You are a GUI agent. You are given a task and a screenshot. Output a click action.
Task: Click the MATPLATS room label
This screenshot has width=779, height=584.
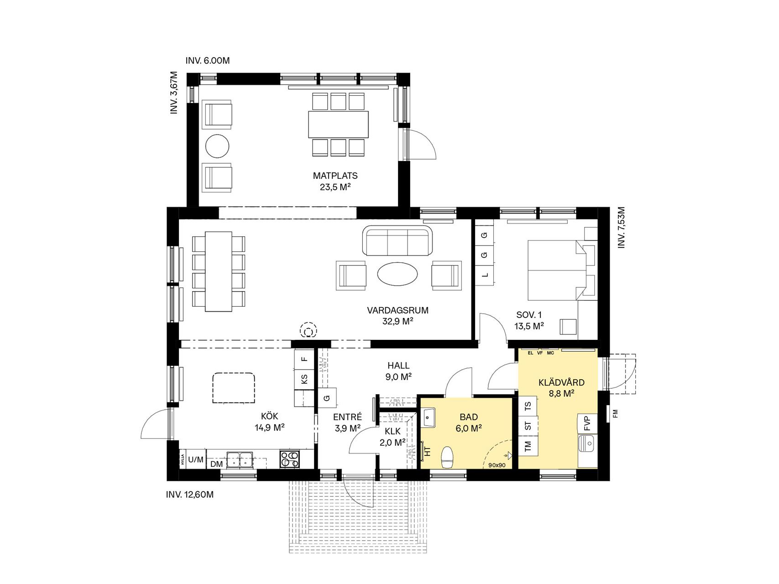[335, 176]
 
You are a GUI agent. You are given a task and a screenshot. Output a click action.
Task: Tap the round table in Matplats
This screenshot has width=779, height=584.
[217, 146]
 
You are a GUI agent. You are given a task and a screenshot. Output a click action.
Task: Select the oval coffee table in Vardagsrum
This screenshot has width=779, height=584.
[397, 275]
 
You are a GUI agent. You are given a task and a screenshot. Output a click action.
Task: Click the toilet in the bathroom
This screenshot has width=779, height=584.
[447, 457]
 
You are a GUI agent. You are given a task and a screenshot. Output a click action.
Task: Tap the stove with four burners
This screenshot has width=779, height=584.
[289, 459]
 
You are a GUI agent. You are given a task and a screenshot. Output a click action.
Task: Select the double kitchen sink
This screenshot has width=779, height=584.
[240, 459]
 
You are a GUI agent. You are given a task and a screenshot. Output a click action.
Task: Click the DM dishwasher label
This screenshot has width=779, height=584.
[216, 464]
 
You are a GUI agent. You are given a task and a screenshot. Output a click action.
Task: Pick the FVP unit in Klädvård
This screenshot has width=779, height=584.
[587, 423]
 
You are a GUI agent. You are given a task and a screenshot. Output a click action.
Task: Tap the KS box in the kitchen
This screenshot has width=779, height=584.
[304, 379]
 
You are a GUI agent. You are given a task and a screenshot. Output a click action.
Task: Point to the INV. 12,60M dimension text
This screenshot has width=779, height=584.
[190, 494]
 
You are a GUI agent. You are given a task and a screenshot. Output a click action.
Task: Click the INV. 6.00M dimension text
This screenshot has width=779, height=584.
[208, 60]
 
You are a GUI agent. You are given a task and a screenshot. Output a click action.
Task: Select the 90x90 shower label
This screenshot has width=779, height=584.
[497, 465]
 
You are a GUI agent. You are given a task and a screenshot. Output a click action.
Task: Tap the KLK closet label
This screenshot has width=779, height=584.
[392, 431]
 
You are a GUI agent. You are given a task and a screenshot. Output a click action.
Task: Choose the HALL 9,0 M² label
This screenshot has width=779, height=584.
[398, 371]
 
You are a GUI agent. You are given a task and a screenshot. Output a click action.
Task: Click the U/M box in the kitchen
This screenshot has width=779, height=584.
[196, 459]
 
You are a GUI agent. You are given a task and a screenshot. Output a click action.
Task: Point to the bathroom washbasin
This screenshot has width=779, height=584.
[428, 417]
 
